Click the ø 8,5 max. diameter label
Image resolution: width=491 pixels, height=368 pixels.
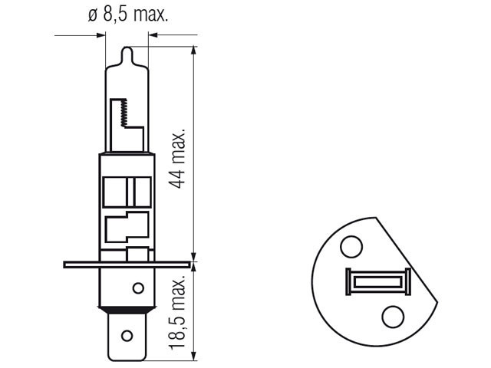128,15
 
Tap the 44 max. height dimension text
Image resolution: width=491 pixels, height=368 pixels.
178,159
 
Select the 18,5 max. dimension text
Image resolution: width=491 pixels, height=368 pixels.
178,314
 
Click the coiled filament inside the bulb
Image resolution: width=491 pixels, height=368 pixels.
124,113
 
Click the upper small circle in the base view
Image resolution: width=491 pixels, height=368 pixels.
351,247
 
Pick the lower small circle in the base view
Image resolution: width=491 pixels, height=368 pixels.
393,317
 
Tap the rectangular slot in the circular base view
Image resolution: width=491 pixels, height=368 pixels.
378,281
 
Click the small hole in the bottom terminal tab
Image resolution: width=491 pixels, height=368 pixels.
127,336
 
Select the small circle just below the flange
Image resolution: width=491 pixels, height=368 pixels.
138,288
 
